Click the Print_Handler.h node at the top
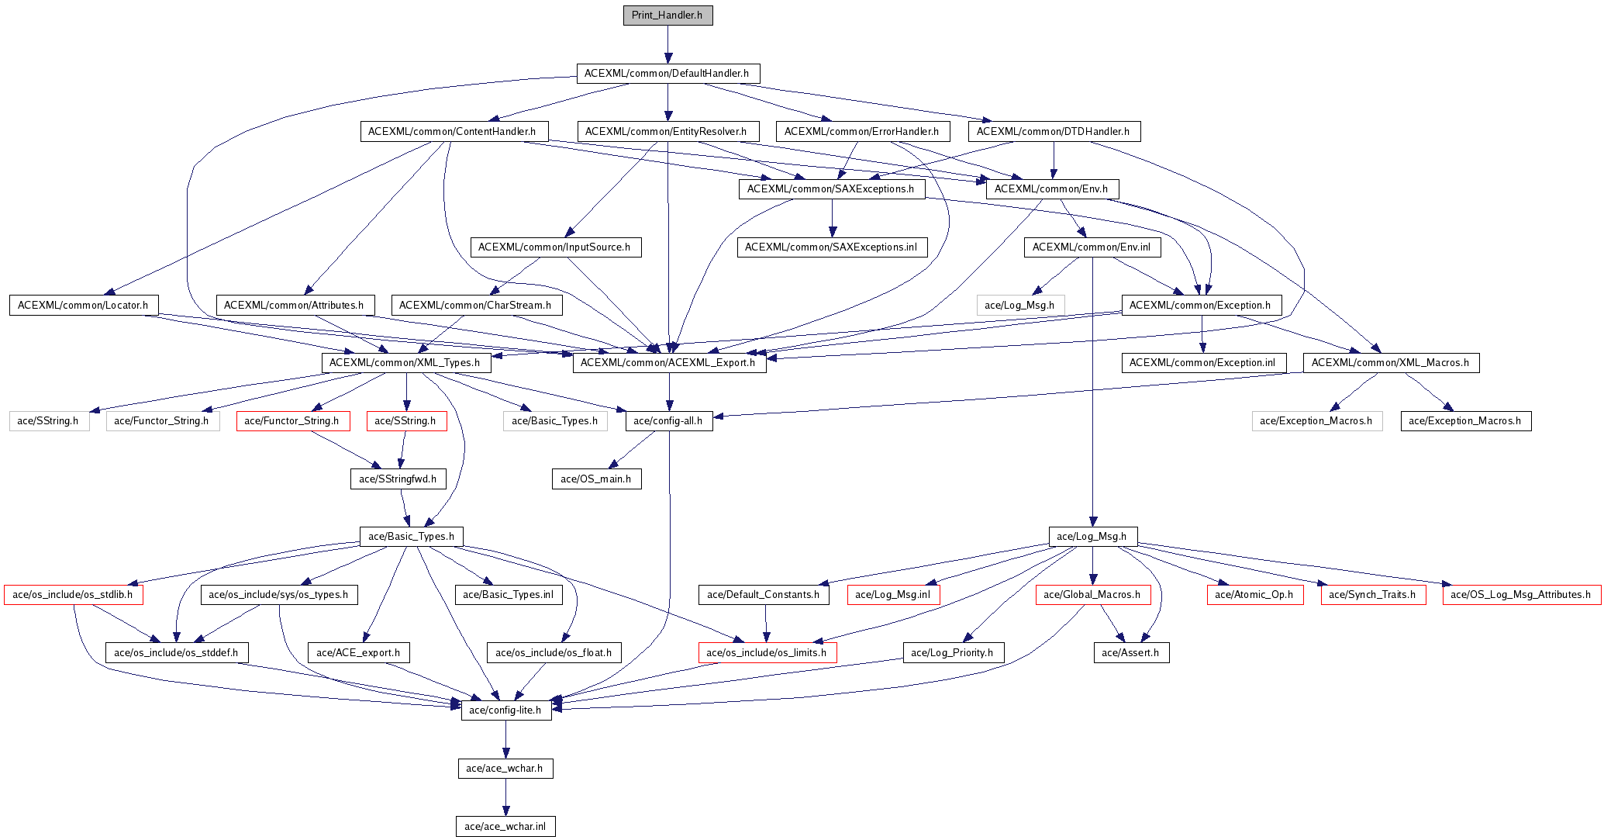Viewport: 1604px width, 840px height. pyautogui.click(x=667, y=16)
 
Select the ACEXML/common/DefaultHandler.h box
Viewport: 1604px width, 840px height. pyautogui.click(x=667, y=74)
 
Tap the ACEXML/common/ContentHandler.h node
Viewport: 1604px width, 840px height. pyautogui.click(x=453, y=131)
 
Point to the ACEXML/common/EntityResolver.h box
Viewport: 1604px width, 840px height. pyautogui.click(x=666, y=131)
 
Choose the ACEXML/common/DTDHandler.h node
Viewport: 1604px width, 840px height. pyautogui.click(x=1054, y=131)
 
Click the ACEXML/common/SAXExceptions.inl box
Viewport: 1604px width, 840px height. pyautogui.click(x=831, y=247)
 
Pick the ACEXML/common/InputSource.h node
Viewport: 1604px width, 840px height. pyautogui.click(x=555, y=247)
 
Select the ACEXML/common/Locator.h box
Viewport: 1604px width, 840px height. pyautogui.click(x=83, y=305)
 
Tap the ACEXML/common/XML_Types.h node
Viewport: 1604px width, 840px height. pyautogui.click(x=405, y=362)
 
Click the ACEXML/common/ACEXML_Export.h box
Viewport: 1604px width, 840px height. pyautogui.click(x=668, y=362)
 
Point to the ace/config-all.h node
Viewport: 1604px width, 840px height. pyautogui.click(x=668, y=421)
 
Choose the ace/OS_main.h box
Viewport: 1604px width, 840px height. pyautogui.click(x=596, y=479)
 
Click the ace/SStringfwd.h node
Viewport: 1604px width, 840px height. pyautogui.click(x=398, y=479)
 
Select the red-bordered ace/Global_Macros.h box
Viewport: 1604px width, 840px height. pyautogui.click(x=1092, y=595)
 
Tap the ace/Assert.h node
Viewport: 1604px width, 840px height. pyautogui.click(x=1130, y=652)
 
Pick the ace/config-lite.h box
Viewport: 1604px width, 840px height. pyautogui.click(x=506, y=710)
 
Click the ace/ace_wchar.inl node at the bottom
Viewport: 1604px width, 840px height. pyautogui.click(x=505, y=826)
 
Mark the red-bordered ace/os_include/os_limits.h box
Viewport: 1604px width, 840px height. pyautogui.click(x=767, y=652)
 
